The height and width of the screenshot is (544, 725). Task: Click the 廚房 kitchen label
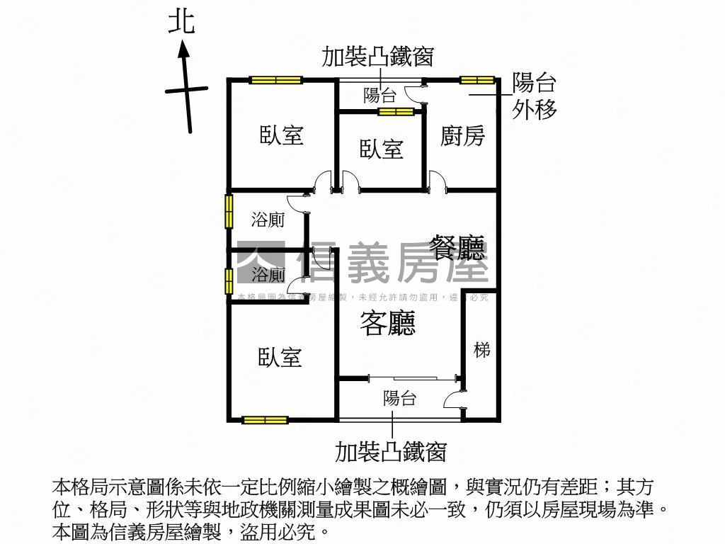click(462, 135)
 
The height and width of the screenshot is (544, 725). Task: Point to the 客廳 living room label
click(387, 324)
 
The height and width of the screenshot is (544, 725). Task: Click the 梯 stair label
click(482, 349)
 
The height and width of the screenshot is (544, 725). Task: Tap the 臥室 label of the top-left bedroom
click(281, 135)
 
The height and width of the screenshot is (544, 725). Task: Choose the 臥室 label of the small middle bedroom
click(381, 149)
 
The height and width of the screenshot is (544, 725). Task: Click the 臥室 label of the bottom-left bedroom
click(280, 357)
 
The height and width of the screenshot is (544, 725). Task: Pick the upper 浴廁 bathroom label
click(268, 220)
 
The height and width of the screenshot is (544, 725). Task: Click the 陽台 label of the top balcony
click(379, 96)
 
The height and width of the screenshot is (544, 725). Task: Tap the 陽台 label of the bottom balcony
click(399, 398)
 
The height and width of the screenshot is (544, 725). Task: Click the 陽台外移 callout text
click(535, 96)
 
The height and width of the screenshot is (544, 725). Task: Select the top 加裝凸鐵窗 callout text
click(377, 57)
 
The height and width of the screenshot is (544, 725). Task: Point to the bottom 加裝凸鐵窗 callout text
click(391, 450)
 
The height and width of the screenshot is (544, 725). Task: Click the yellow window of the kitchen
click(476, 80)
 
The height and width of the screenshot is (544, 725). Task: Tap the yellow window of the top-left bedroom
click(275, 80)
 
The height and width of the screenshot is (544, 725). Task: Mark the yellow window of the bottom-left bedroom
click(265, 420)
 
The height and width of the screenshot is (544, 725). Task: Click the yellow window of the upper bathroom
click(229, 211)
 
